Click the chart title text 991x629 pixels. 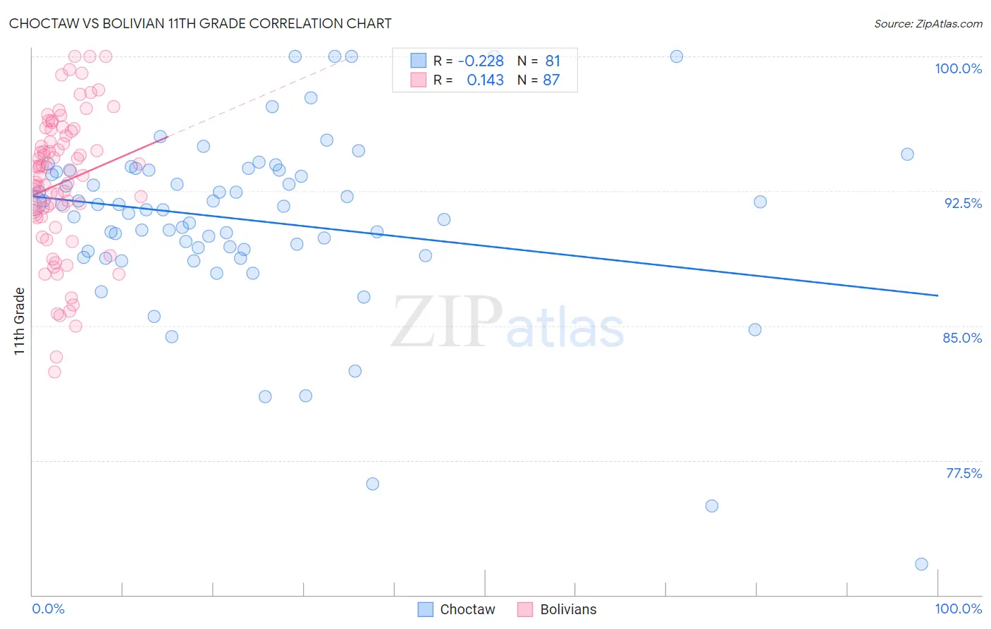click(x=200, y=23)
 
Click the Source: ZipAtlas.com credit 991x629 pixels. click(x=928, y=24)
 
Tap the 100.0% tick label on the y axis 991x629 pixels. click(x=958, y=68)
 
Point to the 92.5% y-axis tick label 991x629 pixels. click(x=963, y=203)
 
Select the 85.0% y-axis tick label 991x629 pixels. click(x=962, y=338)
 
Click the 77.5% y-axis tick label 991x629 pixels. click(x=964, y=473)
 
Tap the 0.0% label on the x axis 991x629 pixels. click(x=48, y=609)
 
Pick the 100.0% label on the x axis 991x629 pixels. click(x=958, y=609)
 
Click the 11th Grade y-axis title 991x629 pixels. click(x=20, y=321)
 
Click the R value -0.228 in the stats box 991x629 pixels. click(x=481, y=61)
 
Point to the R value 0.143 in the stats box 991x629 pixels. click(x=485, y=80)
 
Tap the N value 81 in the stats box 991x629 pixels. click(x=553, y=61)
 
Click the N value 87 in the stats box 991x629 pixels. click(x=551, y=80)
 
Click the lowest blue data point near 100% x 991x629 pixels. click(x=921, y=564)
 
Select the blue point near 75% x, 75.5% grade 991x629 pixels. click(x=712, y=506)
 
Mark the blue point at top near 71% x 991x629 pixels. click(x=677, y=56)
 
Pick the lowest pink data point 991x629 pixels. click(x=54, y=372)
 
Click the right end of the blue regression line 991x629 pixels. click(x=938, y=295)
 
